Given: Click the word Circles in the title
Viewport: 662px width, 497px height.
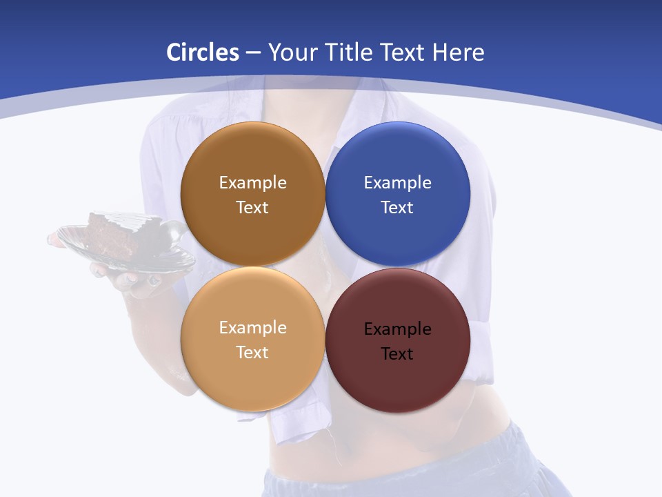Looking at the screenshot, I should [x=202, y=52].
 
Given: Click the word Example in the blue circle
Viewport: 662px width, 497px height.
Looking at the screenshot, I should [x=397, y=183].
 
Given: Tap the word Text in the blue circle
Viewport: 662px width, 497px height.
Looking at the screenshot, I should [x=397, y=207].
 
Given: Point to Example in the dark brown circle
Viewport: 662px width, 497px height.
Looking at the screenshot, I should [x=252, y=183].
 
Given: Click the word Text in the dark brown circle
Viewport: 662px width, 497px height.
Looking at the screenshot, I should [x=252, y=207].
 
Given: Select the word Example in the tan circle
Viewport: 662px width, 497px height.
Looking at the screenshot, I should [x=252, y=328].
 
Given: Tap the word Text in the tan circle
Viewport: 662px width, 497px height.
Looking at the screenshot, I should [x=252, y=352].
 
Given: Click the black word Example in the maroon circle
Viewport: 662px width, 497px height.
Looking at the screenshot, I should [x=397, y=329].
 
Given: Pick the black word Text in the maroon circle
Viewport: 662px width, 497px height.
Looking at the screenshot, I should [x=397, y=353].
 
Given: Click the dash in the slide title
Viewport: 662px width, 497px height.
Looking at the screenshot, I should [x=253, y=53].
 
